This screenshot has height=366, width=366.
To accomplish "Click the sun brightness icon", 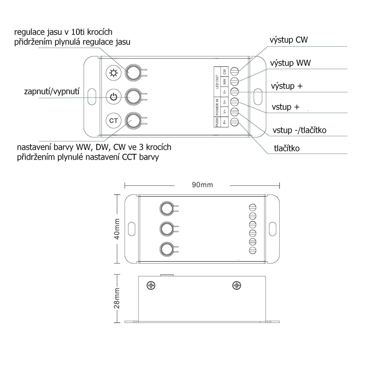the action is [x=113, y=73].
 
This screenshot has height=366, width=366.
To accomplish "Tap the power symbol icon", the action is [x=113, y=97].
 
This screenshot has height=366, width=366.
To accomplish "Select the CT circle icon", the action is [x=113, y=120].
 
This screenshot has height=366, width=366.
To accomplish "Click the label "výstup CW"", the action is [x=289, y=40].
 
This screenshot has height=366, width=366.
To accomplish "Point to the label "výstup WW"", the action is [x=290, y=63].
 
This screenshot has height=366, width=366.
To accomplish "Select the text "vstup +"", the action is [x=285, y=107].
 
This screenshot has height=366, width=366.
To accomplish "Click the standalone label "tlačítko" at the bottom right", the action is [x=287, y=148].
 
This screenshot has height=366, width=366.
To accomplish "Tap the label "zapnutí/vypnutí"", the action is [x=52, y=91].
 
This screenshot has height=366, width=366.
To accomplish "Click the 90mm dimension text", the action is [x=202, y=185].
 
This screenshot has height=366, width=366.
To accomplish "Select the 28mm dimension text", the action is [x=117, y=298].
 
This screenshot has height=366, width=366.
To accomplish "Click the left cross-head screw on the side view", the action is [x=151, y=285].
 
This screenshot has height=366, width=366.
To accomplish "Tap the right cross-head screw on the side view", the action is [x=237, y=285].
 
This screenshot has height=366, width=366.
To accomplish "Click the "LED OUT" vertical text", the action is [x=217, y=82].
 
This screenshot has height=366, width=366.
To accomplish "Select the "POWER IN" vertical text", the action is [x=217, y=107].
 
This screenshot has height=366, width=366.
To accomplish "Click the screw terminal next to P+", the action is [x=234, y=122].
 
